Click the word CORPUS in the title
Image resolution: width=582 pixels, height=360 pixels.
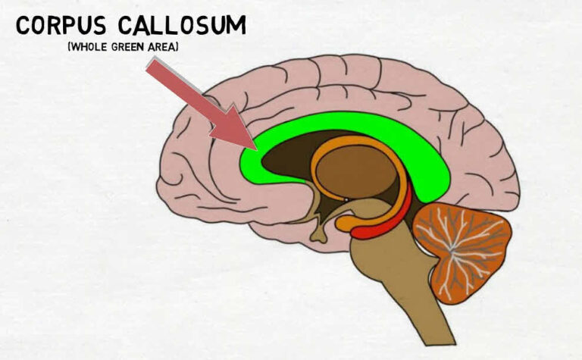61,26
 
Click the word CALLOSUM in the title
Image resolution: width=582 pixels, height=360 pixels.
182,26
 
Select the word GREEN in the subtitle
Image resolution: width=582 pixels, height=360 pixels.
128,47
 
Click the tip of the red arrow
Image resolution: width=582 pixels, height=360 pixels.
257,149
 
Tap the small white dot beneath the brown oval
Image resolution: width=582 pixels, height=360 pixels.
346,200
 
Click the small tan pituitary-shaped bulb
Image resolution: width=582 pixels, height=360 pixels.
319,236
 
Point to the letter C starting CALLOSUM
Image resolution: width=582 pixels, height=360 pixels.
127,26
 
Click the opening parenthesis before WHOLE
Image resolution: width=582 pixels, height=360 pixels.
69,47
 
